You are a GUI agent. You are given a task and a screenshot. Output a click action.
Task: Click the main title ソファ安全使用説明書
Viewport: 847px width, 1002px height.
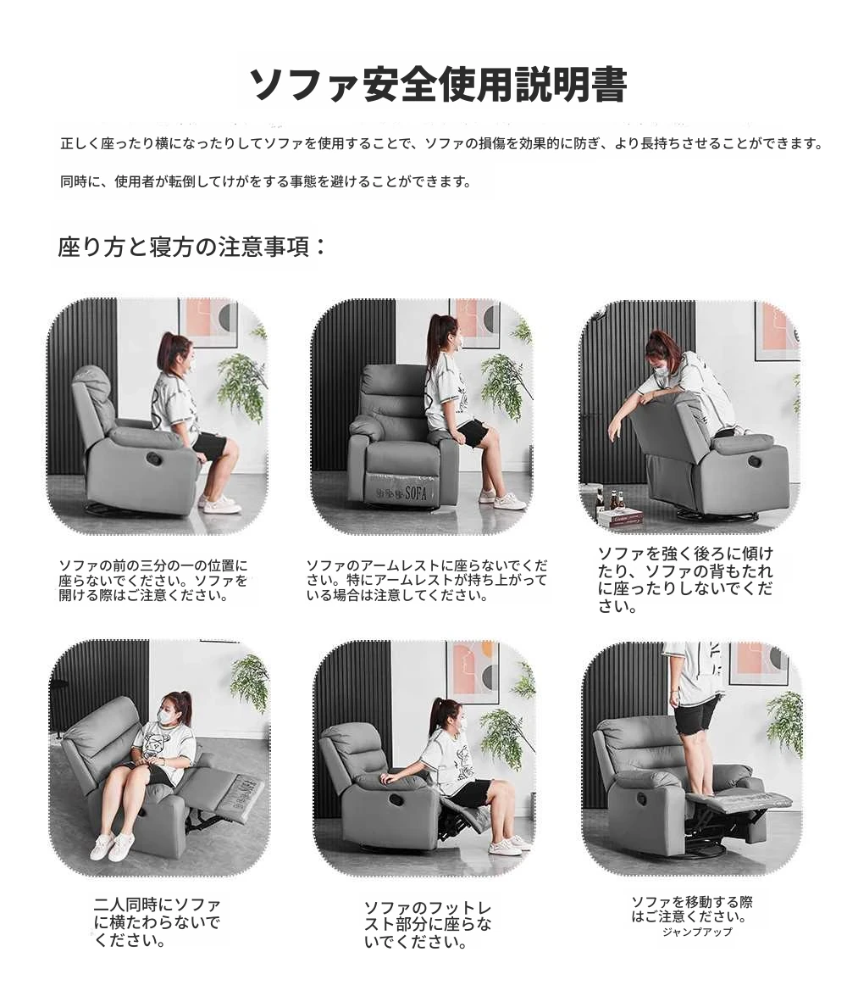tap(439, 85)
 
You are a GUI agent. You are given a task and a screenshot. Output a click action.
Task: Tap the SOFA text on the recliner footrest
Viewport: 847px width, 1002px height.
tap(416, 493)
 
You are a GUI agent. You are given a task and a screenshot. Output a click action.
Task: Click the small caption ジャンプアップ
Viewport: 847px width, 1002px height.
tap(697, 932)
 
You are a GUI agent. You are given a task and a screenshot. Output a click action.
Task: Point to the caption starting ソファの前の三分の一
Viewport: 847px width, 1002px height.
tap(153, 580)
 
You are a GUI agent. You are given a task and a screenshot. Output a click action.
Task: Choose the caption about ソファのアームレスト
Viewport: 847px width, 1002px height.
tap(426, 580)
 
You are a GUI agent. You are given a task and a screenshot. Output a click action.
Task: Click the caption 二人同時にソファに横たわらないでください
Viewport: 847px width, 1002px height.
tap(157, 922)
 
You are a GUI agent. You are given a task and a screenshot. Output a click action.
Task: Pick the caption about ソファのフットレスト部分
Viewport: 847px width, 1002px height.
tap(428, 925)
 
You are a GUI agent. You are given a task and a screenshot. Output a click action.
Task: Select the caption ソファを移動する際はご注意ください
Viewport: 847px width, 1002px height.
tap(692, 910)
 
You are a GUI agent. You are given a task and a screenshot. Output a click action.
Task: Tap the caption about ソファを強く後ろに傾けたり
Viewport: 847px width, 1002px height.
tap(685, 580)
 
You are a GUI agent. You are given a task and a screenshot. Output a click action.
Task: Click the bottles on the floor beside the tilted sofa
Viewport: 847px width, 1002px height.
tap(606, 499)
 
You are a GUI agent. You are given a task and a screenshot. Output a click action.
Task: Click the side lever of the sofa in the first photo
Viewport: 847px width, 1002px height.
tap(154, 458)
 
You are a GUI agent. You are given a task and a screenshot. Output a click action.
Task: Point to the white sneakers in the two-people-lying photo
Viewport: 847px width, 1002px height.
tap(110, 848)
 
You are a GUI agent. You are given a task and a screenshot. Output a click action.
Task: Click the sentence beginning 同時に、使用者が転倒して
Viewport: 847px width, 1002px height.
tap(265, 182)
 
